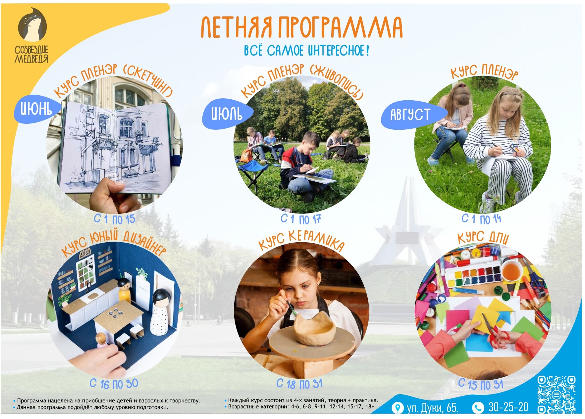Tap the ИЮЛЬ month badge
coord(227,114)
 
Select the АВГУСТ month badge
coord(412,115)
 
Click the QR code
coord(556,394)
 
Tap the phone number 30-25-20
coord(508,407)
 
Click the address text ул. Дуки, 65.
coord(433,407)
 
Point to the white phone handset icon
coord(478,407)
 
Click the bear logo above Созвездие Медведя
coord(32,25)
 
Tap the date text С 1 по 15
coord(115,219)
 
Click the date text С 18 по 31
coord(299,384)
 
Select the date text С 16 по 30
coord(114,384)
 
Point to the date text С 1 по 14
coord(481,218)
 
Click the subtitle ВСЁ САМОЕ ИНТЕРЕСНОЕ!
coord(306,51)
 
